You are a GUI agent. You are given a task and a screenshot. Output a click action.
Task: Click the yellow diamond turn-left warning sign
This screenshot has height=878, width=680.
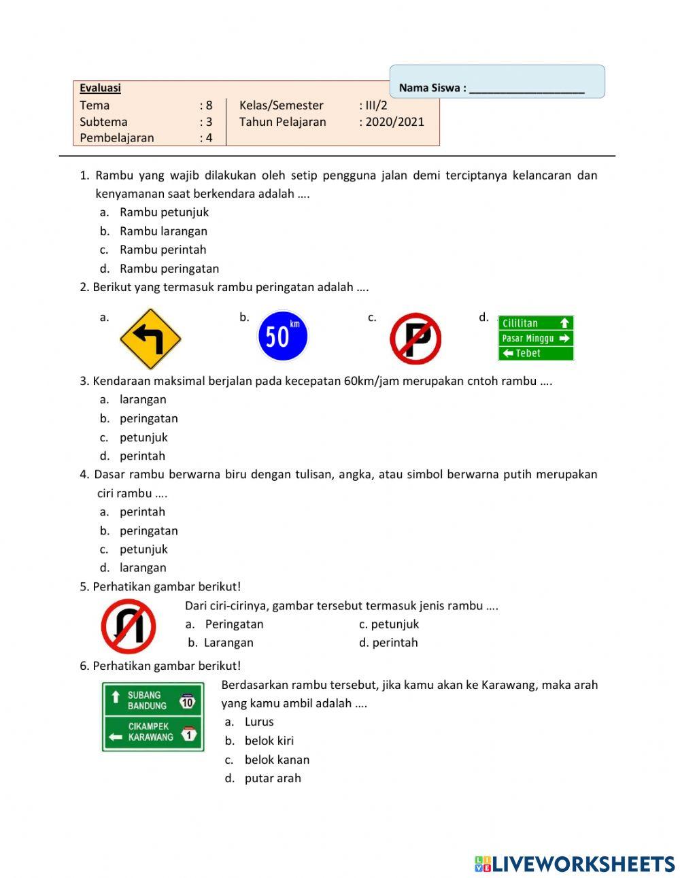[150, 339]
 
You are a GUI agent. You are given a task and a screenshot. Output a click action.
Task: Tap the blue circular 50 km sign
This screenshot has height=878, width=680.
[282, 336]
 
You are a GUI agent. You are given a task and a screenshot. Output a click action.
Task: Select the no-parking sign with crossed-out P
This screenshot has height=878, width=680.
[415, 339]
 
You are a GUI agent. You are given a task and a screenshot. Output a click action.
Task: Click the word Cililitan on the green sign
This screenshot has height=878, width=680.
[520, 323]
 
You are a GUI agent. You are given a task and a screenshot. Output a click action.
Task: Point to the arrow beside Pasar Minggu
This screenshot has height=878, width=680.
[564, 338]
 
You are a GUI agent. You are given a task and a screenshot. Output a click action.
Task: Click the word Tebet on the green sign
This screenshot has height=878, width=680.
[528, 353]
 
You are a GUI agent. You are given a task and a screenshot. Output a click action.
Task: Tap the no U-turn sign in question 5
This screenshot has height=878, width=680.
[129, 626]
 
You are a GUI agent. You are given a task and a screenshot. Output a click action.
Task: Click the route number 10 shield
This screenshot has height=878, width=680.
[188, 701]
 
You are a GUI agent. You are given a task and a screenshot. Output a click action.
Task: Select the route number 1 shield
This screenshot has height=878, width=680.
[188, 734]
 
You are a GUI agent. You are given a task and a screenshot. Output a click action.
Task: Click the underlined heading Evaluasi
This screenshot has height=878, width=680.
[100, 88]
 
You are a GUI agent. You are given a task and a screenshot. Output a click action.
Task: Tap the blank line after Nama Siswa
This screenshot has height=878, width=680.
[526, 88]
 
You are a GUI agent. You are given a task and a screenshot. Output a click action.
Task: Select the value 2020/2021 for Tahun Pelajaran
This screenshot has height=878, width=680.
[394, 122]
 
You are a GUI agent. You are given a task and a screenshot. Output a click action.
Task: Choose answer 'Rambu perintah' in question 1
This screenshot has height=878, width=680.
[163, 250]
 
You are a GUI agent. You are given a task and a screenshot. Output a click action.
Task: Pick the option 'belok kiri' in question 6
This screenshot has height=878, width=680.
[269, 741]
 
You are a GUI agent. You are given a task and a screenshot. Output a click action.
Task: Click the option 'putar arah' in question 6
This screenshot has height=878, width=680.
[273, 778]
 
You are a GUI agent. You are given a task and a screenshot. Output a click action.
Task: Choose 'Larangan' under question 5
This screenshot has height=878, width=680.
[228, 643]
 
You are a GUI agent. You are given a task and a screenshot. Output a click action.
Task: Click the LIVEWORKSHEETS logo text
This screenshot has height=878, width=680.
[583, 864]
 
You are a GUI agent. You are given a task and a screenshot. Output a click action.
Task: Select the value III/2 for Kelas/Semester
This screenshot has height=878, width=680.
[376, 105]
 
